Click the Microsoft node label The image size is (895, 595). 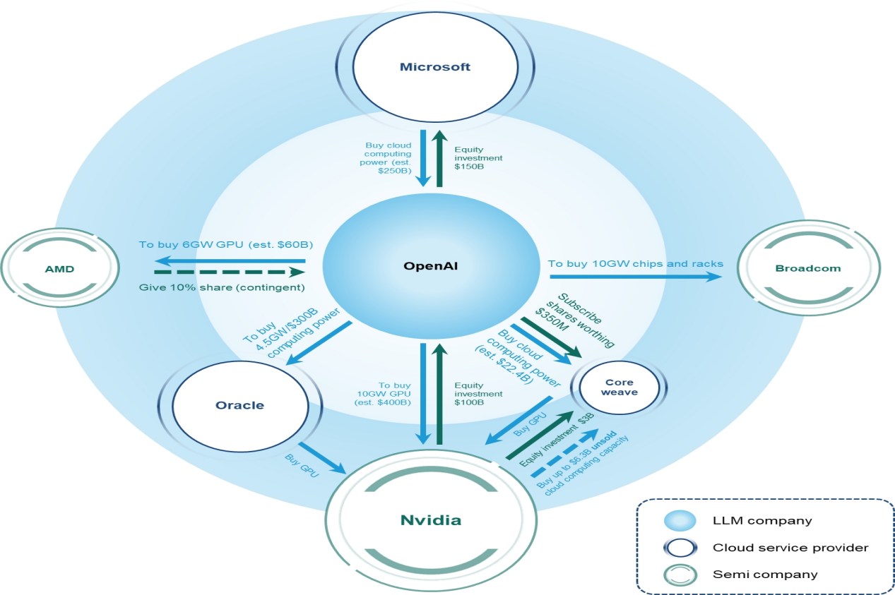tap(434, 67)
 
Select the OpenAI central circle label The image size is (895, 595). tap(427, 266)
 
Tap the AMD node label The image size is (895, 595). tap(59, 268)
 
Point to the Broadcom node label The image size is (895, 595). tap(808, 268)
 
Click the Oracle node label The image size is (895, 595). tap(239, 405)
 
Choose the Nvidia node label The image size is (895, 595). tap(430, 521)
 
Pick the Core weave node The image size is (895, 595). tap(619, 387)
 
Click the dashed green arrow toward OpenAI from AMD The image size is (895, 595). tap(229, 272)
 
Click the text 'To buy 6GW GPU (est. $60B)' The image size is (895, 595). tap(226, 245)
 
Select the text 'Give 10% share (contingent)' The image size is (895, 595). tap(221, 287)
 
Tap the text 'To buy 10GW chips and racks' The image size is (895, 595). tap(636, 263)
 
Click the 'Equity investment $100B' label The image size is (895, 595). tap(478, 394)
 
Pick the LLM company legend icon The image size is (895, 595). tap(679, 521)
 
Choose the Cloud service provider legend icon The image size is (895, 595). tap(679, 548)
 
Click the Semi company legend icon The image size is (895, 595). tap(679, 574)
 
